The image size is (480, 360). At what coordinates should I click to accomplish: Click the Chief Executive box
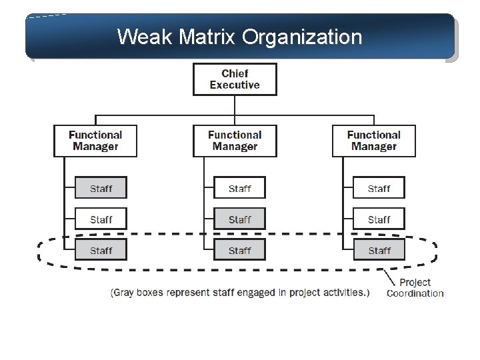click(235, 79)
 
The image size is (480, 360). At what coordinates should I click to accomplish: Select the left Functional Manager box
click(95, 141)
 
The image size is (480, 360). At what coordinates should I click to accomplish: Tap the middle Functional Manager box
click(235, 141)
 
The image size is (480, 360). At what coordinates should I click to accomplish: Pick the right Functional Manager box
click(373, 141)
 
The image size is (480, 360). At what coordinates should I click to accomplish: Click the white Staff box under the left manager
click(101, 219)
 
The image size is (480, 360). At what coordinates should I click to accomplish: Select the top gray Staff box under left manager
click(101, 189)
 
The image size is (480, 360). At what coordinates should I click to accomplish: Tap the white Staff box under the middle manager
click(239, 189)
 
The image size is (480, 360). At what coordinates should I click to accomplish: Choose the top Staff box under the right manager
click(379, 189)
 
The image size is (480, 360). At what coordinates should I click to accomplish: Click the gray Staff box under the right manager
click(379, 250)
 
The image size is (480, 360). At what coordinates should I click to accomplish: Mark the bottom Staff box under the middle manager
click(239, 250)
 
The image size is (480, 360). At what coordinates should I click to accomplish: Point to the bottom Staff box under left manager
click(101, 250)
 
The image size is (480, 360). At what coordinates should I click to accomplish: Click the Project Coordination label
click(415, 287)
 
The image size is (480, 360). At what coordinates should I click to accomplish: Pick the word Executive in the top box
click(235, 85)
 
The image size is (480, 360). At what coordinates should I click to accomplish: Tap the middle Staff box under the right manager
click(379, 219)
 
